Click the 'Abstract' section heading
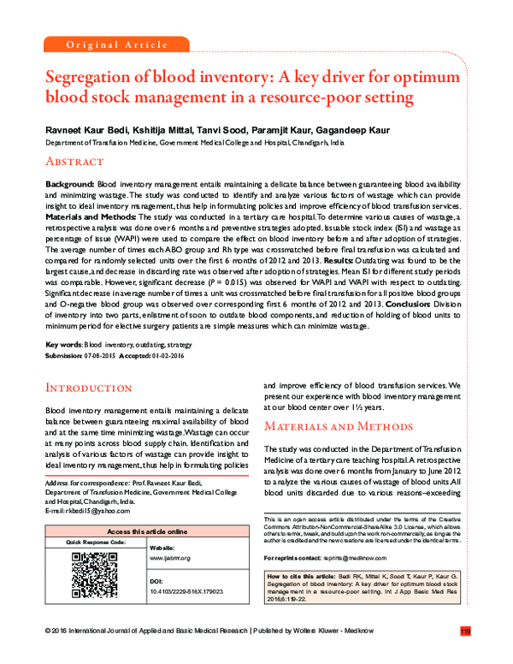pyautogui.click(x=74, y=161)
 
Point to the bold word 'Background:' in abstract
pyautogui.click(x=70, y=185)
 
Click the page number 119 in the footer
pyautogui.click(x=464, y=655)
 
